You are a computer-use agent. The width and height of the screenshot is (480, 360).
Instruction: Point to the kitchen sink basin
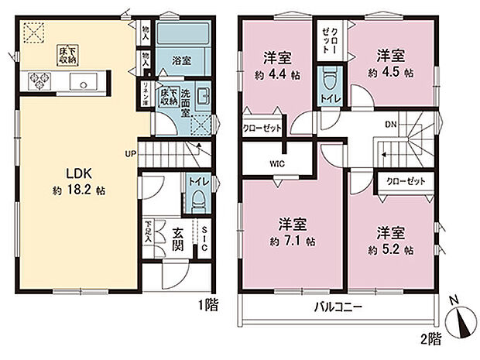pyautogui.click(x=81, y=81)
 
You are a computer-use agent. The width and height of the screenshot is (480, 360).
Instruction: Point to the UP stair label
pyautogui.click(x=132, y=153)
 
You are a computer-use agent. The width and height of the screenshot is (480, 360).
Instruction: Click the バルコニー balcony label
pyautogui.click(x=338, y=307)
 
